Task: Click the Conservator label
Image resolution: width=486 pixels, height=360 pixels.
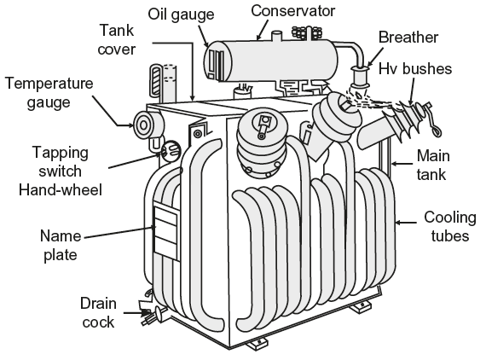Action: (292, 11)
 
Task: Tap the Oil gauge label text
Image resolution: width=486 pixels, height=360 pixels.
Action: (181, 15)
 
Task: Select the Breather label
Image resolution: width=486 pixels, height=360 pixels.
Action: (408, 38)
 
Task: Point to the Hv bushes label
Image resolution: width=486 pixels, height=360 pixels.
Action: (415, 68)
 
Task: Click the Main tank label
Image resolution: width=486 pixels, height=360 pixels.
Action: (432, 165)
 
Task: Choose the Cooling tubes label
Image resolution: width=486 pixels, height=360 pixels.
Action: (449, 227)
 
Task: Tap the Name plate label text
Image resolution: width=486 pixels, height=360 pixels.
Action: (61, 246)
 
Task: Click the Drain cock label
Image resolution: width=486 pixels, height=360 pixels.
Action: (98, 312)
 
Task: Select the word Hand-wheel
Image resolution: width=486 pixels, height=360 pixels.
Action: (61, 189)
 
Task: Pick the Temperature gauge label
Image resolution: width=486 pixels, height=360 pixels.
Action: (49, 93)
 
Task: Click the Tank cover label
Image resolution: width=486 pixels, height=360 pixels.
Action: (117, 40)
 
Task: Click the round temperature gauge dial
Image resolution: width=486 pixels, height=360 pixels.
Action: (143, 125)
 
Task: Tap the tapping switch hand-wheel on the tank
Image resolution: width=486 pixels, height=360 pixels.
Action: (171, 151)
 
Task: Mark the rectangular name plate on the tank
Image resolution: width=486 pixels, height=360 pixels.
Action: (166, 232)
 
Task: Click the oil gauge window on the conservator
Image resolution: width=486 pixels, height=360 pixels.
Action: (216, 65)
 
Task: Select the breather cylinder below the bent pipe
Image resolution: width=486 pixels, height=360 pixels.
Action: (360, 78)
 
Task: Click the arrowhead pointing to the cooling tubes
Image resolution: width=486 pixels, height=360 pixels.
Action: (399, 223)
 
